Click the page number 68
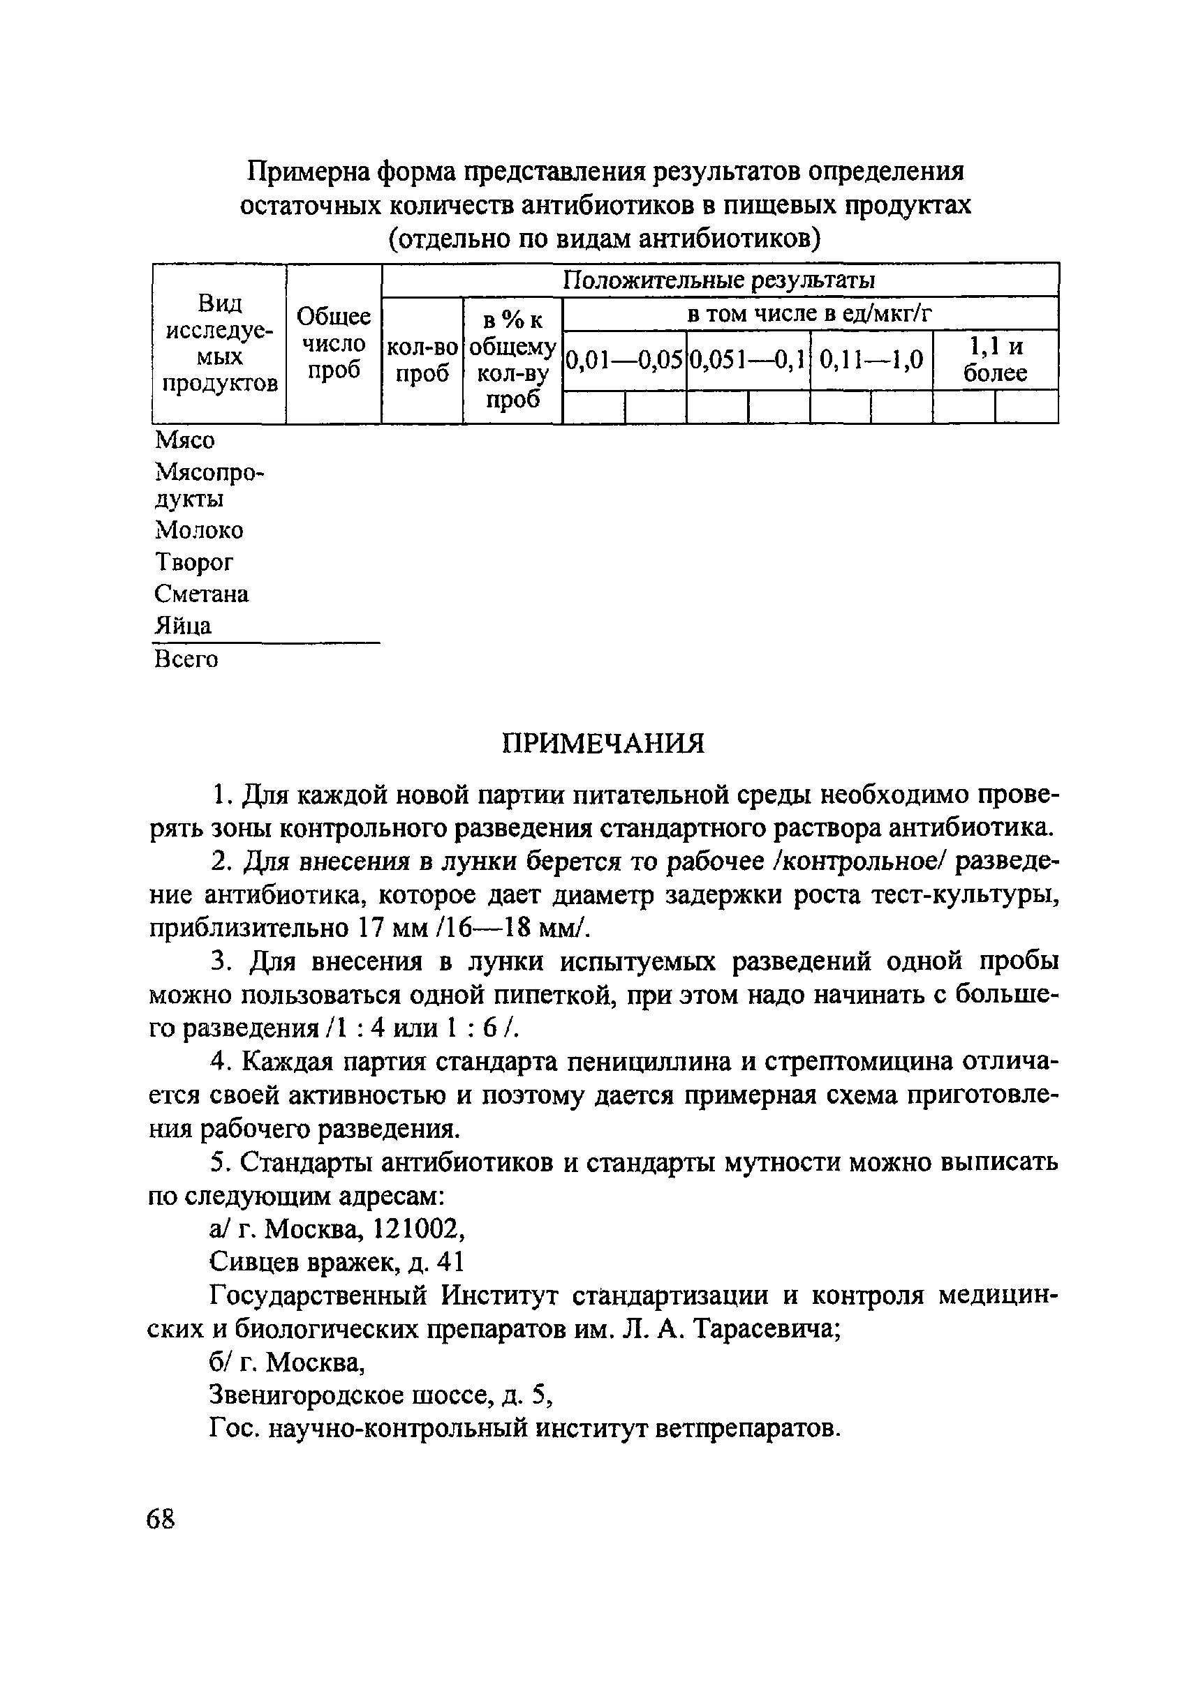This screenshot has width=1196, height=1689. [161, 1519]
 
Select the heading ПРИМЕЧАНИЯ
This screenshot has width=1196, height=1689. [603, 743]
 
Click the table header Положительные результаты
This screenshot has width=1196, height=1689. [718, 280]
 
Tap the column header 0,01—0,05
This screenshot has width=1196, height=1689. [623, 361]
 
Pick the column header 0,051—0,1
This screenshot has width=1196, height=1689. [748, 361]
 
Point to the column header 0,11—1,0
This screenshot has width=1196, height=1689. [871, 361]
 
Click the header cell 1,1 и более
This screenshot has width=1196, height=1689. [995, 360]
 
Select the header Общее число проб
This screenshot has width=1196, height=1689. [334, 344]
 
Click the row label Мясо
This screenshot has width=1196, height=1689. [186, 440]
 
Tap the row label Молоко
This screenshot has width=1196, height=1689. [199, 530]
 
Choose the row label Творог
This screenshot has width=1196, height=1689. [194, 562]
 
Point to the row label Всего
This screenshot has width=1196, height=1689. [186, 659]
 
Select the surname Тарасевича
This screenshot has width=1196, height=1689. [766, 1329]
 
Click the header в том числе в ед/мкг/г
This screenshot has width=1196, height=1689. [809, 314]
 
